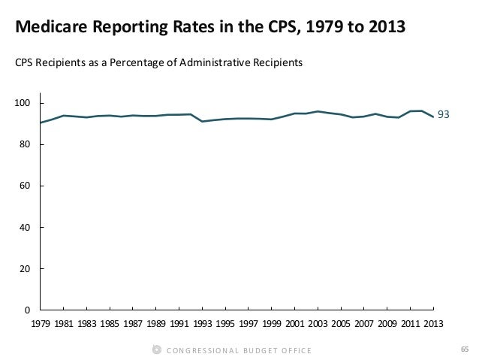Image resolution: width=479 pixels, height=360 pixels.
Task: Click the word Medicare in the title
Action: point(51,29)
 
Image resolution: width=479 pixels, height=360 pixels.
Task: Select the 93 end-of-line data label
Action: point(444,115)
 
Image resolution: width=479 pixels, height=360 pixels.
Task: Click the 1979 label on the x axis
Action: point(41,324)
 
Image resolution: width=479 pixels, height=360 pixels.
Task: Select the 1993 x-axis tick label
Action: point(203,324)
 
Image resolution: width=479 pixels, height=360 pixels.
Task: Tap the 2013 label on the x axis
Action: point(434,324)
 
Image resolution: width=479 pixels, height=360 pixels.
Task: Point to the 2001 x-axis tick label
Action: point(295,324)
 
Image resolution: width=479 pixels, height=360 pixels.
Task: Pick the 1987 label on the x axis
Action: point(133,324)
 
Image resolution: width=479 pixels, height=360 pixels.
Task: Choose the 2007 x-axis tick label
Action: point(365,324)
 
